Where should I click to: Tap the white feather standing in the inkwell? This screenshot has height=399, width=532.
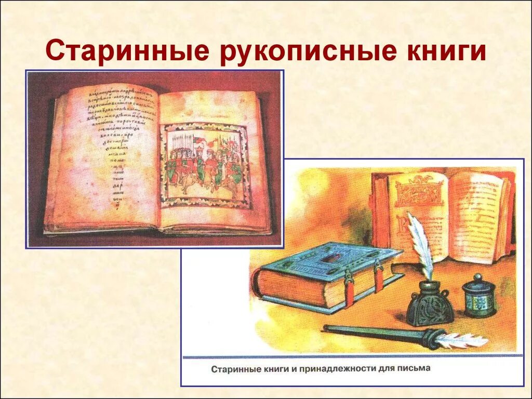422,244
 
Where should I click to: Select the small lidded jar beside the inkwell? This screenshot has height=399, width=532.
478,296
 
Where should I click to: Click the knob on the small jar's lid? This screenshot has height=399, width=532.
478,277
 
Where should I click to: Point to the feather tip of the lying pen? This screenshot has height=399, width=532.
462,340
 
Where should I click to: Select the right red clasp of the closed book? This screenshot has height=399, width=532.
379,275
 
